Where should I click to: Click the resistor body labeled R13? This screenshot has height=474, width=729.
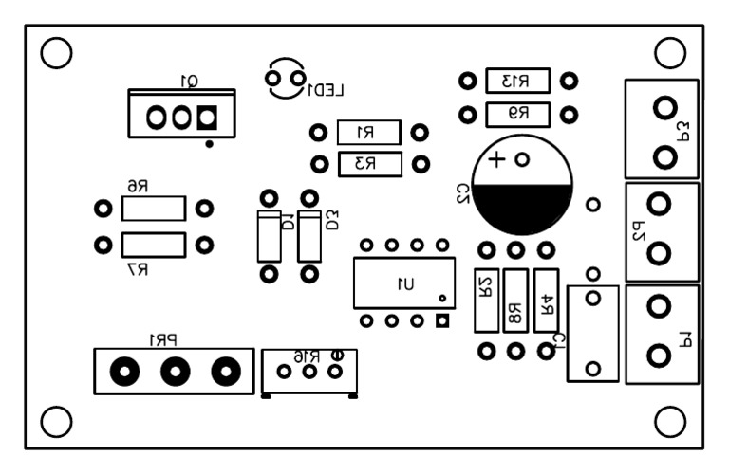[x=517, y=81]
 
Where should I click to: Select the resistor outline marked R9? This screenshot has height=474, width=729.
[x=517, y=115]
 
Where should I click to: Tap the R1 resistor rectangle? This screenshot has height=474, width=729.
[x=368, y=133]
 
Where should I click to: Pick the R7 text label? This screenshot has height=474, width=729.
[x=139, y=269]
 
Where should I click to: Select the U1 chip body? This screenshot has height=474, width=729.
[x=402, y=283]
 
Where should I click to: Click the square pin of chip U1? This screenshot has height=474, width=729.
[x=441, y=320]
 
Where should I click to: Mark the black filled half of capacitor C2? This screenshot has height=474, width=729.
[x=521, y=210]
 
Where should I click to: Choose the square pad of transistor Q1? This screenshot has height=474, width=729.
[x=206, y=118]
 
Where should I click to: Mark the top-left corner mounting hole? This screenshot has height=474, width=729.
[x=57, y=53]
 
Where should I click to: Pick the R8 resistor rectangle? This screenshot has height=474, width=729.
[x=515, y=301]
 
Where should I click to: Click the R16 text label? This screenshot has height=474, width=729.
[x=305, y=355]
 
